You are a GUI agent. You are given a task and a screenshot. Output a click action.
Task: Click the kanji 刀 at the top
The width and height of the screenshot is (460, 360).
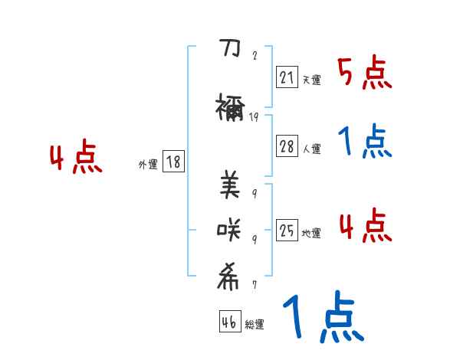tap(230, 49)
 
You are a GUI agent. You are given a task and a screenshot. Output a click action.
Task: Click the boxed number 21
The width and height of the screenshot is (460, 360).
tap(287, 78)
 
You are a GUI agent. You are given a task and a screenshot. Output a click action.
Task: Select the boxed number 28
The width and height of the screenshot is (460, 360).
tap(287, 147)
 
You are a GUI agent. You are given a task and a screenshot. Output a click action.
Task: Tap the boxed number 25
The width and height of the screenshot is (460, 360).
tap(287, 231)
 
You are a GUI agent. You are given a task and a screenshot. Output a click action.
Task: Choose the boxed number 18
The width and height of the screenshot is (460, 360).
tap(173, 162)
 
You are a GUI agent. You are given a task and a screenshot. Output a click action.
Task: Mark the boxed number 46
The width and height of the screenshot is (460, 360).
tap(229, 323)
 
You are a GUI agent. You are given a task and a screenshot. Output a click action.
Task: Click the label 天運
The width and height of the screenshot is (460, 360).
tap(311, 80)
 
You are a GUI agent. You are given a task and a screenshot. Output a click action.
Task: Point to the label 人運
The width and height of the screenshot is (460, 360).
tap(311, 149)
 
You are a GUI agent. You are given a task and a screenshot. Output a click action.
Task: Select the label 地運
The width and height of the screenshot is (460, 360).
tap(311, 233)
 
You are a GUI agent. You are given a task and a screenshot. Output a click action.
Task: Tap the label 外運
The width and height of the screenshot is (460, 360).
tap(147, 163)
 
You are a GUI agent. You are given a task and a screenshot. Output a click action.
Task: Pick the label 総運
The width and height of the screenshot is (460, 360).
tap(255, 325)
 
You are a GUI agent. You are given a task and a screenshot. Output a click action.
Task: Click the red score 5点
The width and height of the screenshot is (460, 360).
tap(364, 74)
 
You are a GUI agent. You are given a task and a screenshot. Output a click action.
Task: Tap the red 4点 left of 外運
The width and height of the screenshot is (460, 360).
tap(75, 159)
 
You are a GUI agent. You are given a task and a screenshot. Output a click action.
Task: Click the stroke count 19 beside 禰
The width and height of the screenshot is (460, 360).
tap(254, 117)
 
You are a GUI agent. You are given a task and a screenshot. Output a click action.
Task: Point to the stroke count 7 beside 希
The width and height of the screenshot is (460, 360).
tap(254, 285)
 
